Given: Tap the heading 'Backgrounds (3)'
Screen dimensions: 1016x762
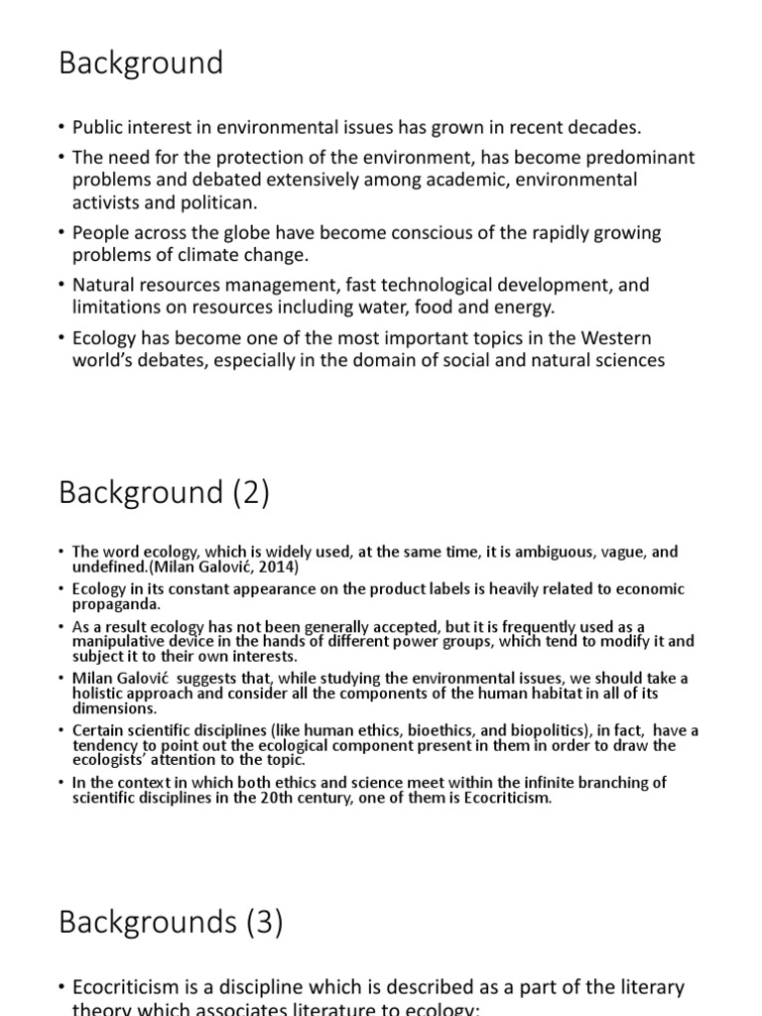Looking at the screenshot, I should click(x=171, y=923).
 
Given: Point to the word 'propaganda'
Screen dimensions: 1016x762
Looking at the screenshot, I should click(x=117, y=604).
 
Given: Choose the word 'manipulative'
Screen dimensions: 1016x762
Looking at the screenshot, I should click(x=117, y=642).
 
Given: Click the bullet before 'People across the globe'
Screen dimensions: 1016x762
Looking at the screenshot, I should click(x=62, y=234).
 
